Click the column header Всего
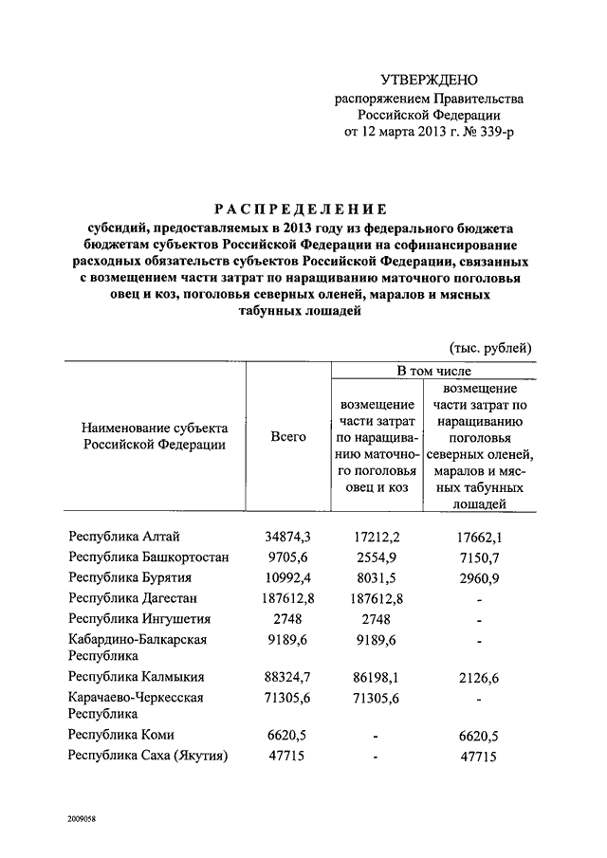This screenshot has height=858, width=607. coord(288,436)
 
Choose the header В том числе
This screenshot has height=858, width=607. coord(433,371)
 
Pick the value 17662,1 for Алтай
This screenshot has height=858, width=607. coord(479,538)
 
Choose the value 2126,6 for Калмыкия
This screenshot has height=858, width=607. coord(479,678)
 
